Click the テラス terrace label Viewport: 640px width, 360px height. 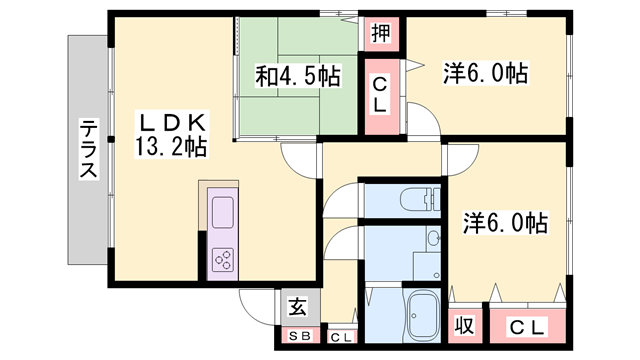pos(89,149)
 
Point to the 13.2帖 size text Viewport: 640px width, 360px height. pos(171,147)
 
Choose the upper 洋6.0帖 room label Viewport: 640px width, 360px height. pos(485,73)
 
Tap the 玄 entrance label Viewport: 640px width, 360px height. pos(298,308)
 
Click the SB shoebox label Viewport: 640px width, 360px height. pos(298,336)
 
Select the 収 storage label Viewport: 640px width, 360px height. pos(464,326)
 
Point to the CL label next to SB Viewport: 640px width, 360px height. pos(341,337)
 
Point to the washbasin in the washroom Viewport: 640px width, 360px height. pos(433,239)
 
